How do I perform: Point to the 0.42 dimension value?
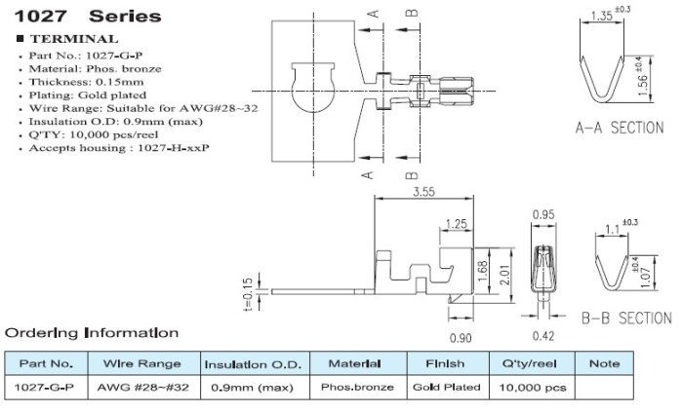[543, 337]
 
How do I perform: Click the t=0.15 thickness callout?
[249, 290]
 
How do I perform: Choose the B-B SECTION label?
[625, 318]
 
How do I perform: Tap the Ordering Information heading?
[93, 333]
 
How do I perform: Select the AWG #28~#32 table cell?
[142, 387]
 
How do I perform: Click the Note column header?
[604, 363]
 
